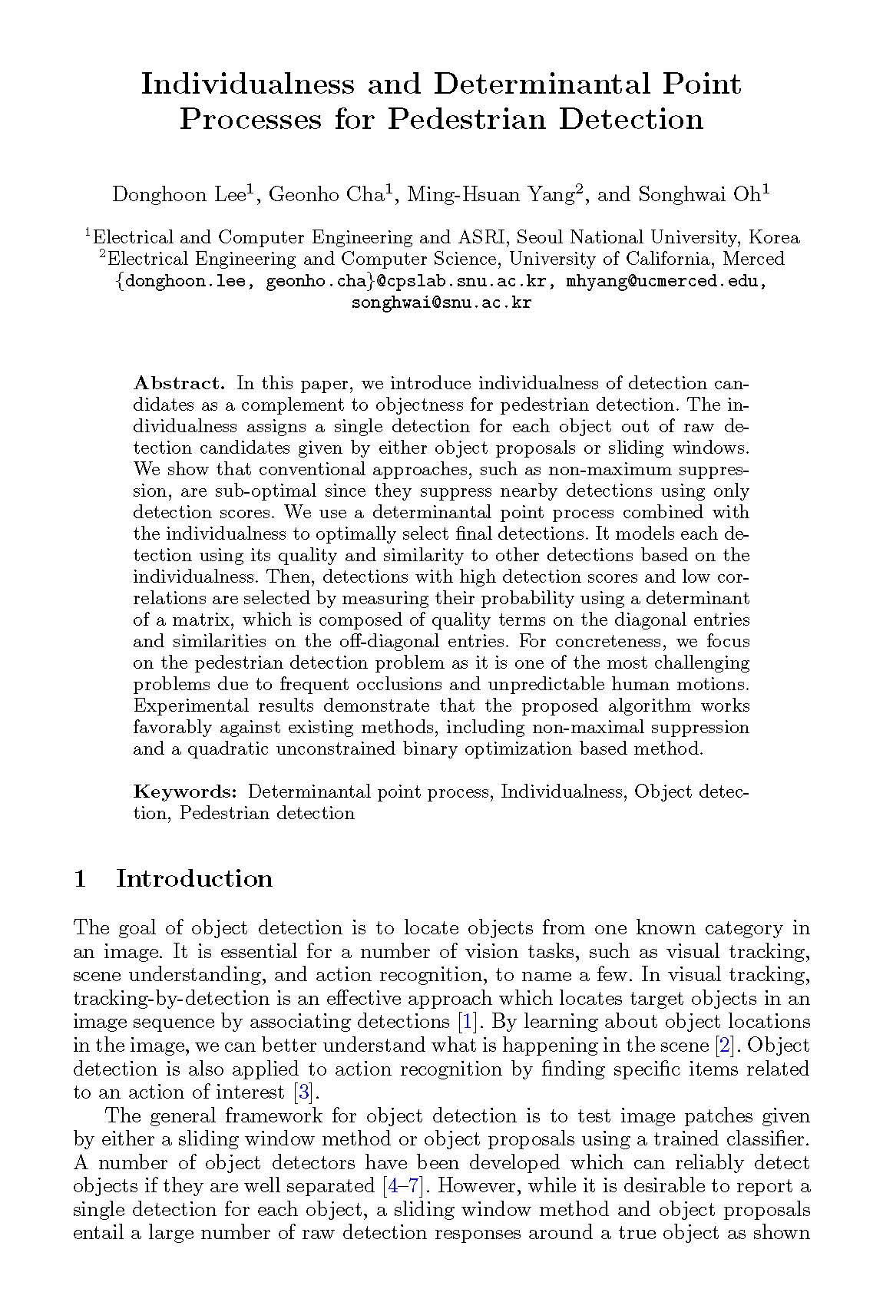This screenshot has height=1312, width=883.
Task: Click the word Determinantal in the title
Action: point(549,83)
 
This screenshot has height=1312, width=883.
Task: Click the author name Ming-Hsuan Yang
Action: point(490,194)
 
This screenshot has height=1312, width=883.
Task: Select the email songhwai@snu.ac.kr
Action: point(441,302)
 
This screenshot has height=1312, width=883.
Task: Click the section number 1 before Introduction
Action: point(79,878)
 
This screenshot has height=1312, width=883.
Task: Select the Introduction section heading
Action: point(194,878)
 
